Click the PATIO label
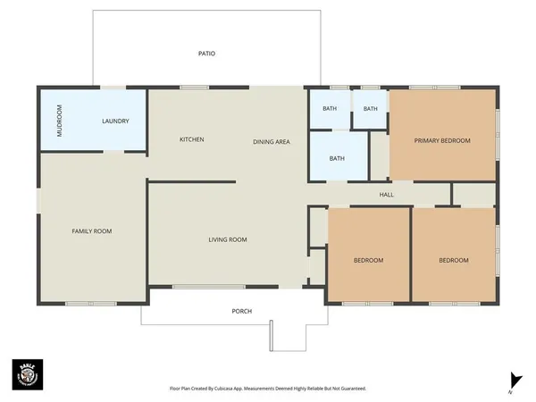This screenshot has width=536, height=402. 206,54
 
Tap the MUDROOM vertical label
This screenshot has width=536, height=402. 60,121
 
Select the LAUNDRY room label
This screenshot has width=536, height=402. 116,121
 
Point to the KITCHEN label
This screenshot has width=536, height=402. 192,140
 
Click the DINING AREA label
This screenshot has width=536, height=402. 271,140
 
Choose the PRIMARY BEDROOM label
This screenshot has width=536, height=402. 441,140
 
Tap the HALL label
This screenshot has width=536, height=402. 386,194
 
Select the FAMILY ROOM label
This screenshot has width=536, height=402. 91,231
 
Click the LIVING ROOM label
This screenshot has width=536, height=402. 228,239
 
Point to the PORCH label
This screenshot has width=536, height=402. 241,311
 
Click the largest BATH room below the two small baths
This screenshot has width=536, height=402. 337,159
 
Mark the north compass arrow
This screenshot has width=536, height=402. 513,380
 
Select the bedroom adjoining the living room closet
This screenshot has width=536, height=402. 368,260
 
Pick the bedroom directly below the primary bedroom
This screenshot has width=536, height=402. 453,260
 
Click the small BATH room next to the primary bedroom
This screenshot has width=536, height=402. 370,110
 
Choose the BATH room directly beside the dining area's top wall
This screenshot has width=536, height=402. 330,109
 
